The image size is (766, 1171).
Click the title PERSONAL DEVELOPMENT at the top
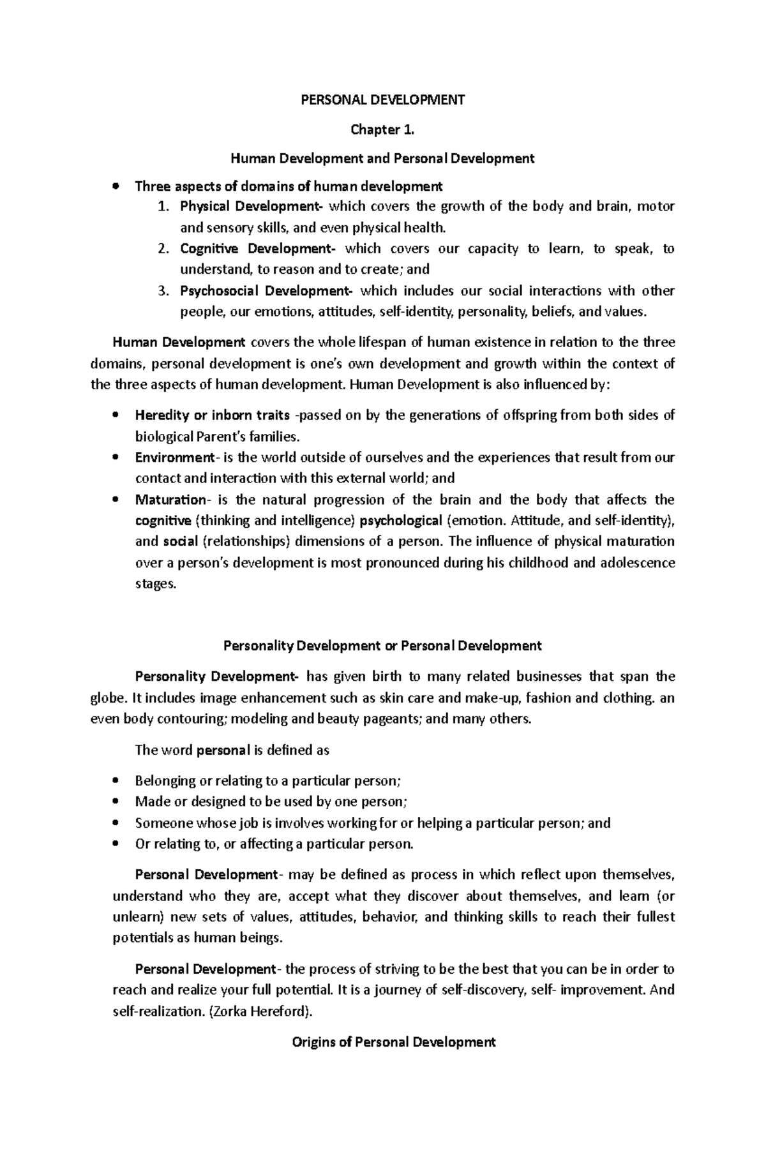(382, 100)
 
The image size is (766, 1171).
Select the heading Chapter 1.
(382, 130)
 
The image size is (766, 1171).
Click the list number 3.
(163, 291)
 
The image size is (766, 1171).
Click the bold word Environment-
(176, 458)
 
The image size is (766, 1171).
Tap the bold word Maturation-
(171, 500)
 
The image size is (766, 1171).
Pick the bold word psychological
(401, 521)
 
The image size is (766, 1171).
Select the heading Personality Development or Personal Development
(382, 645)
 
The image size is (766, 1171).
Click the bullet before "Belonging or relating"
(116, 780)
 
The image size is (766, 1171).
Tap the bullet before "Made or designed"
(116, 802)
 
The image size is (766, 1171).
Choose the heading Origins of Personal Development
(393, 1042)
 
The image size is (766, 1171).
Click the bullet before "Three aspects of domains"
(116, 186)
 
